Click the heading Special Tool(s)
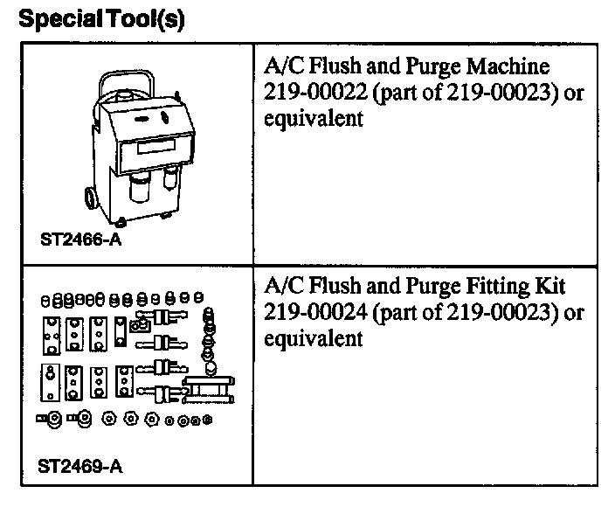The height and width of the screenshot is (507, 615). pyautogui.click(x=101, y=18)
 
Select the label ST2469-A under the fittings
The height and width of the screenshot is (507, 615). pyautogui.click(x=79, y=466)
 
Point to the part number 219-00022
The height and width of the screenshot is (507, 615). pyautogui.click(x=313, y=94)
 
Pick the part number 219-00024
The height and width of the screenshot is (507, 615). pyautogui.click(x=313, y=312)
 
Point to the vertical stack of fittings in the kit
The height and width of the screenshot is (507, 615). pyautogui.click(x=208, y=337)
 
